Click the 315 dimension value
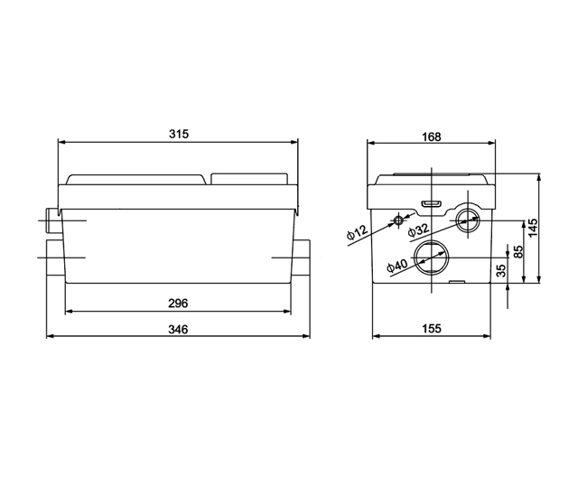179,134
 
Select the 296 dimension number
178,303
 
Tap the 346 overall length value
178,329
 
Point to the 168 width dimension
432,136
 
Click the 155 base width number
432,329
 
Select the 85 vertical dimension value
517,251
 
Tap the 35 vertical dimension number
501,270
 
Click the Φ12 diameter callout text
357,232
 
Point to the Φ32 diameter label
418,230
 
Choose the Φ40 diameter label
396,266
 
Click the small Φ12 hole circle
398,220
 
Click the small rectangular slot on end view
432,203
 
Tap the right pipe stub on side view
301,257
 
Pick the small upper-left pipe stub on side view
51,220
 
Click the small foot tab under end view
457,282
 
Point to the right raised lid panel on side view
249,179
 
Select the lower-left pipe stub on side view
55,258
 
